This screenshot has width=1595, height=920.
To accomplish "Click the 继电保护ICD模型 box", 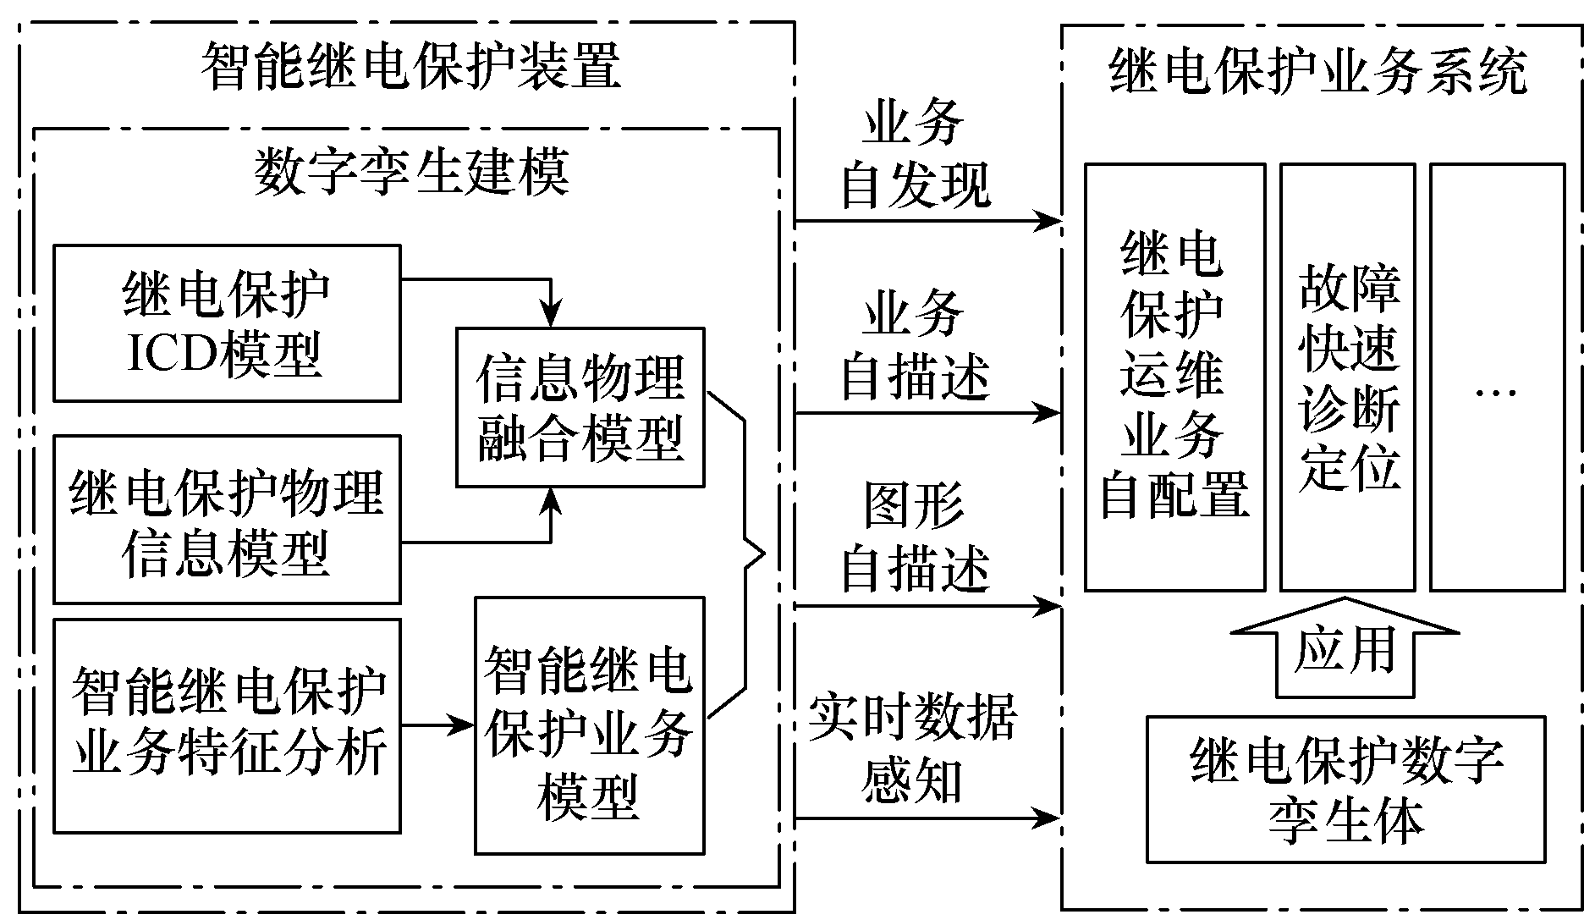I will coord(226,322).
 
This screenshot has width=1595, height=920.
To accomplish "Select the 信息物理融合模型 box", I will coord(580,407).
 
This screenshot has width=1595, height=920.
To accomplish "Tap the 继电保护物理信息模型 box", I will coord(226,519).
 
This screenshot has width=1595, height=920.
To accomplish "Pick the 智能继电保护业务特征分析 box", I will coord(226,725).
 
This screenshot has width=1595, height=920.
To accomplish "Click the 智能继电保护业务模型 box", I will coord(589,725).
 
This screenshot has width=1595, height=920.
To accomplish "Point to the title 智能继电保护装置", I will coord(411,65).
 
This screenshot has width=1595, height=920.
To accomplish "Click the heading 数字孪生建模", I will coord(411,172).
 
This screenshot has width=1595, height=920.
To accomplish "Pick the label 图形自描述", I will coord(914,537).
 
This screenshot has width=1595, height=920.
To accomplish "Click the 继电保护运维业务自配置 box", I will coord(1174,377).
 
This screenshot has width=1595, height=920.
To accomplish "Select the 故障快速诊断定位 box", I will coord(1347,377).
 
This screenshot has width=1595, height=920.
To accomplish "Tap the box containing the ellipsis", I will coord(1496,377).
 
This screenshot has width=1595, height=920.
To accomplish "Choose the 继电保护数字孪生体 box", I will coord(1345,789).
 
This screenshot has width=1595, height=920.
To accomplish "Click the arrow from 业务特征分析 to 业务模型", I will coord(436,725).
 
